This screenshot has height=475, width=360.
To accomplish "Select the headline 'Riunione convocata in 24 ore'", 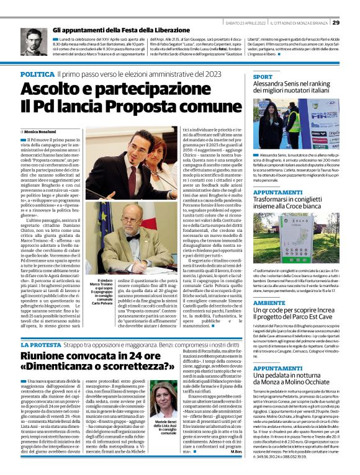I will [x=80, y=356].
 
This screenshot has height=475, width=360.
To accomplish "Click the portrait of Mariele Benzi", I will [x=160, y=399].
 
